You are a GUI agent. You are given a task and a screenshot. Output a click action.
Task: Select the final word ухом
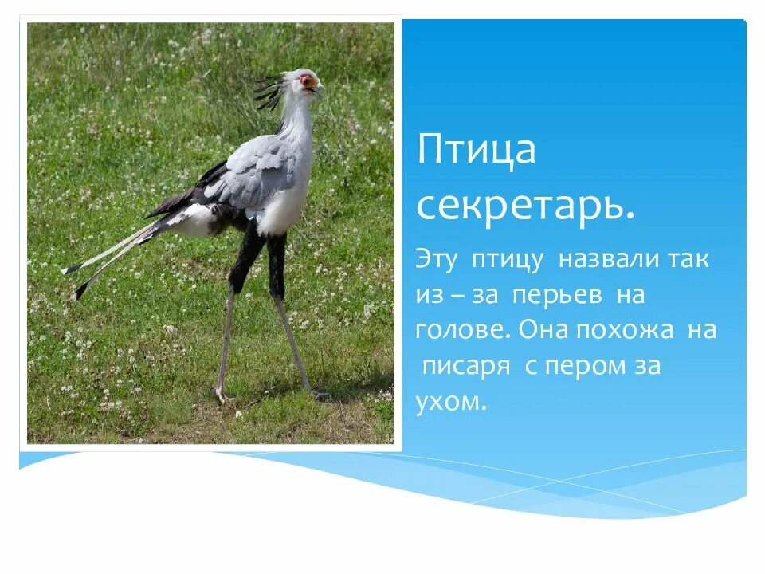(x=450, y=402)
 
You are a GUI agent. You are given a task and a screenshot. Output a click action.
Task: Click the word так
(x=688, y=260)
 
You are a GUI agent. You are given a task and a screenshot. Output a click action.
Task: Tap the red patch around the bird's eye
(x=305, y=81)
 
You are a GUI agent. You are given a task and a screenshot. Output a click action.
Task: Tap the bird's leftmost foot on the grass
(x=222, y=395)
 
